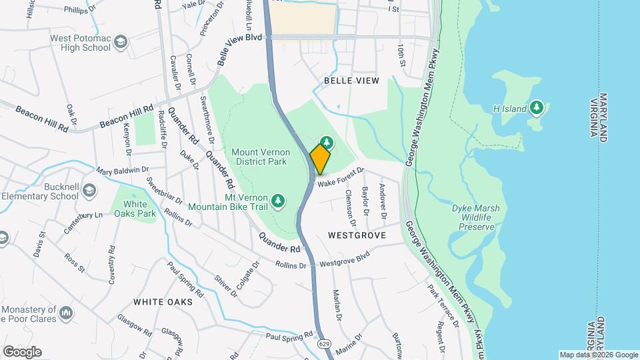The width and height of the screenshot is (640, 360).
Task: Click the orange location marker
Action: pyautogui.click(x=320, y=159)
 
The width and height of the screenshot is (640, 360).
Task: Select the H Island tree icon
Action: pyautogui.click(x=537, y=108)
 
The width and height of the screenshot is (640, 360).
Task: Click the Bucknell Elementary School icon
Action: pyautogui.click(x=89, y=192)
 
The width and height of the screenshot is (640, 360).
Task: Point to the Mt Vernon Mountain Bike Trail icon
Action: pyautogui.click(x=279, y=200)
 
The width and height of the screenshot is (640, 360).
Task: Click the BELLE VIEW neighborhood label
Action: pyautogui.click(x=351, y=81)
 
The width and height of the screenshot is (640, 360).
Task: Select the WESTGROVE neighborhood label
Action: pyautogui.click(x=357, y=236)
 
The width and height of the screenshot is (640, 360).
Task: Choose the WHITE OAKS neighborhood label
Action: pyautogui.click(x=163, y=302)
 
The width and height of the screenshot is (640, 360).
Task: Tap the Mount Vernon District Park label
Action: pyautogui.click(x=259, y=157)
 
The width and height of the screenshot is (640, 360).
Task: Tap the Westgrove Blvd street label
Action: pyautogui.click(x=345, y=260)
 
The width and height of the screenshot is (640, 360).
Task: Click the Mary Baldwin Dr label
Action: pyautogui.click(x=122, y=171)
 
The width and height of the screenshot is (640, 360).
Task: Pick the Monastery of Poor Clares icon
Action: pyautogui.click(x=66, y=312)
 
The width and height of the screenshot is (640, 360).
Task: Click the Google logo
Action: pyautogui.click(x=21, y=352)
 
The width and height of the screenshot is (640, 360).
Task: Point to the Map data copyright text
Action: pyautogui.click(x=598, y=355)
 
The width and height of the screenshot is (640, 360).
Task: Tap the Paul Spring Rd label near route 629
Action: pyautogui.click(x=289, y=335)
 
